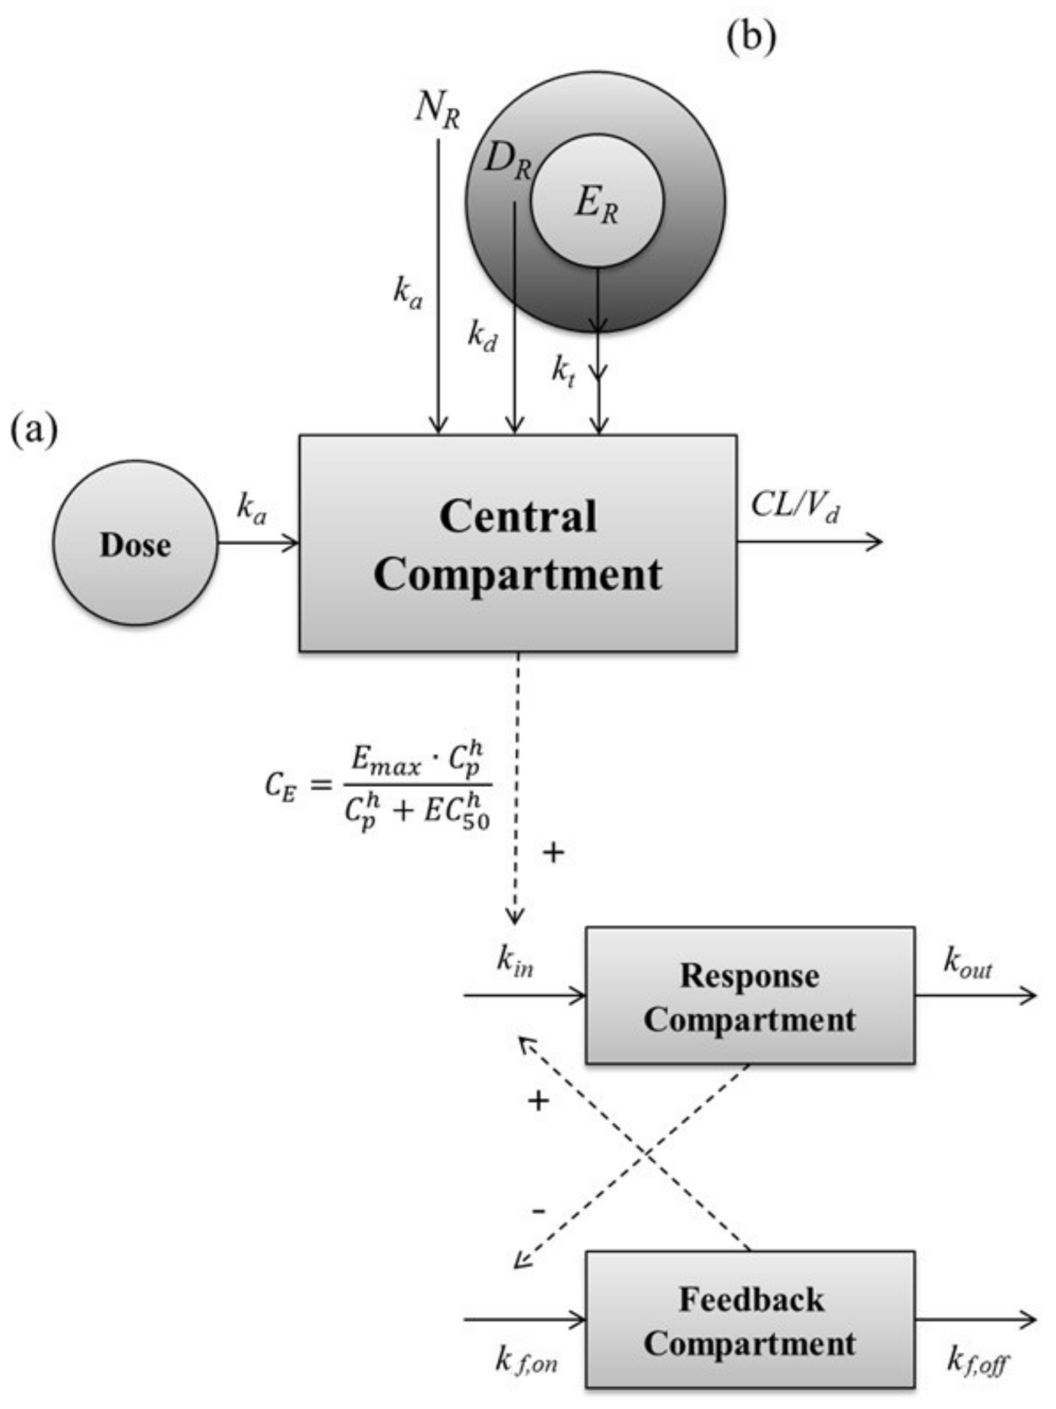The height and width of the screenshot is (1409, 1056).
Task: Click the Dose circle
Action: click(135, 543)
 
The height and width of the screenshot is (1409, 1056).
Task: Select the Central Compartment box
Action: click(518, 543)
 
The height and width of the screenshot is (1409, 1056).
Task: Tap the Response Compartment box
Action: click(750, 996)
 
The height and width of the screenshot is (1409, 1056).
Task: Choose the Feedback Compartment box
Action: click(750, 1320)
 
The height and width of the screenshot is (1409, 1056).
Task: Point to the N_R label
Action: click(437, 108)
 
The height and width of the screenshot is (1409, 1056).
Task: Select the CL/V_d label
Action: click(795, 505)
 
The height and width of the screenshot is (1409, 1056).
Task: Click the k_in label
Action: click(515, 960)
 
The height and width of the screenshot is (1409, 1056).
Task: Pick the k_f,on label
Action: click(526, 1360)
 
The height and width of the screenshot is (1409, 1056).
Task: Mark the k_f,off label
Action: click(978, 1360)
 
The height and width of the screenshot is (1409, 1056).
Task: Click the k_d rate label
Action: click(482, 336)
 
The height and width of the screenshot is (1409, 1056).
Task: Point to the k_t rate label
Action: click(563, 370)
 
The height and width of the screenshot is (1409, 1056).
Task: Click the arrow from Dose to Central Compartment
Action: click(258, 543)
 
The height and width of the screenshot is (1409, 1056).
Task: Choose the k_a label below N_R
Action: click(408, 292)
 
